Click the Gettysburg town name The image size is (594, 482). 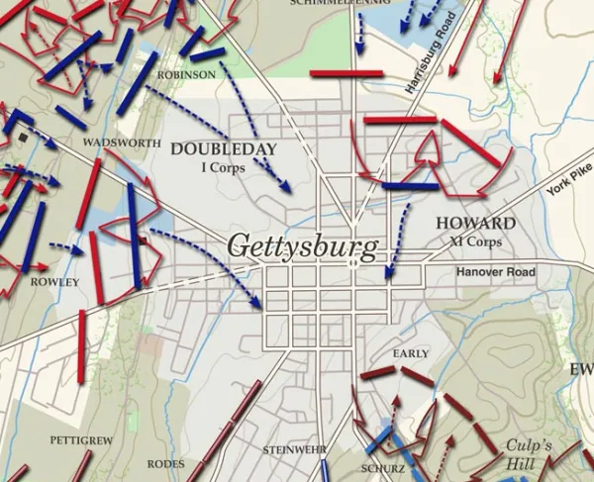302,247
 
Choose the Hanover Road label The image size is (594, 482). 495,272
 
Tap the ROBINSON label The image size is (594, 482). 186,74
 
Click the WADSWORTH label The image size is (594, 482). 123,144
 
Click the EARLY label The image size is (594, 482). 411,353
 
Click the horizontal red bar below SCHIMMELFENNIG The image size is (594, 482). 346,73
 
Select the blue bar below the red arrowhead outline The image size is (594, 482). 410,186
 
